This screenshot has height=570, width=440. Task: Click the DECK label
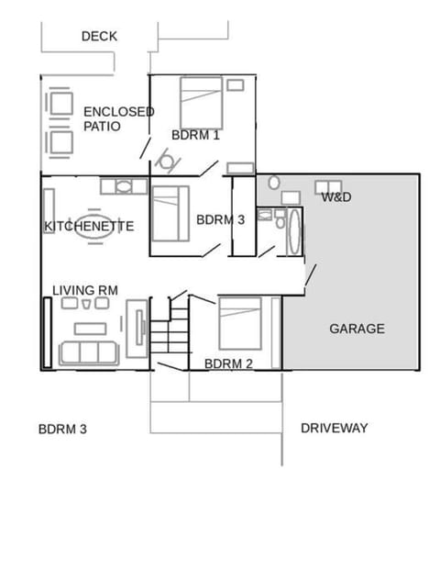(99, 37)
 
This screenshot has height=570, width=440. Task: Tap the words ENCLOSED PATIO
(118, 118)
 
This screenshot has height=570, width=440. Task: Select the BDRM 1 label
(195, 135)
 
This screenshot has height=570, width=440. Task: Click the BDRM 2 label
(228, 363)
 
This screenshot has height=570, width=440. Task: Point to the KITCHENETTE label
(89, 226)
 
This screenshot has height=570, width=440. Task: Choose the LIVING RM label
(85, 290)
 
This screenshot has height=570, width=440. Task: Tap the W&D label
(336, 196)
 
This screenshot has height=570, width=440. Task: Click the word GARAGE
(357, 329)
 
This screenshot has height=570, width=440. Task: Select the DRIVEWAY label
(334, 428)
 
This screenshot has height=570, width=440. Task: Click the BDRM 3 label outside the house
(62, 429)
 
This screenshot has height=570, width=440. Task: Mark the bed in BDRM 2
(239, 322)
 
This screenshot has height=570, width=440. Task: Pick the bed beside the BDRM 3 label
(170, 213)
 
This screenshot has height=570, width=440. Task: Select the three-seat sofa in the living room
(88, 352)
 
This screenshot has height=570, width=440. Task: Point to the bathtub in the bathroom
(294, 233)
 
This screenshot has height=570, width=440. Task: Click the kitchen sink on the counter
(124, 186)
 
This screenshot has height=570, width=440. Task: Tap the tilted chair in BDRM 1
(166, 162)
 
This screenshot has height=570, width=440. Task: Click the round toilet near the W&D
(273, 183)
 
